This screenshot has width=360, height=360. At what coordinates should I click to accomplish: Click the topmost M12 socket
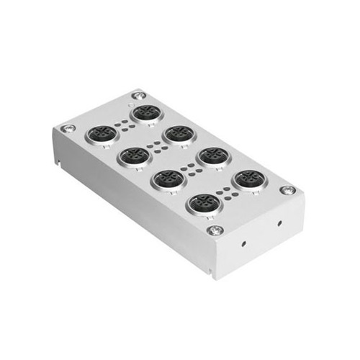point(146,113)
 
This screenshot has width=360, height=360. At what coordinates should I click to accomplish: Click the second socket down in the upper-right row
point(179,134)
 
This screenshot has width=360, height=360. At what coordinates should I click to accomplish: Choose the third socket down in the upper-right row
point(213,156)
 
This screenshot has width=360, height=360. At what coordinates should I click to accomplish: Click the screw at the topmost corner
point(138,95)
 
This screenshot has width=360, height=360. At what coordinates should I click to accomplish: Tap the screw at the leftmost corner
point(68,129)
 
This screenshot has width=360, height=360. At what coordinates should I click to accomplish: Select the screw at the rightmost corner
point(287,190)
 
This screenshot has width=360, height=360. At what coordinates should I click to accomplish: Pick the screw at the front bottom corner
point(215,230)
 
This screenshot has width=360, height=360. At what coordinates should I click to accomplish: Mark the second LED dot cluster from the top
point(156,145)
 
